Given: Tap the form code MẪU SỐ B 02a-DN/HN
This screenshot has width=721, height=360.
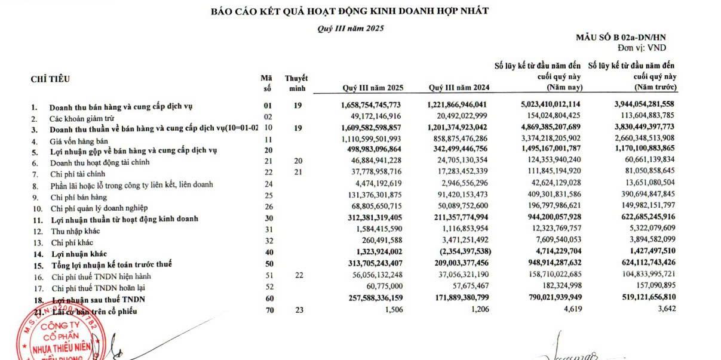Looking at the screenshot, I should point(621,38).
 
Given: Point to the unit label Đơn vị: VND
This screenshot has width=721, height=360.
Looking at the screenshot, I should point(642,47).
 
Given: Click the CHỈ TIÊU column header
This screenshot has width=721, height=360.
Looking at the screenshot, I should point(50,79).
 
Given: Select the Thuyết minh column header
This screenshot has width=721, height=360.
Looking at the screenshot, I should point(296,83).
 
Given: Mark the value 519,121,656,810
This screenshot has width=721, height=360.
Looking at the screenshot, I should point(637,299).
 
